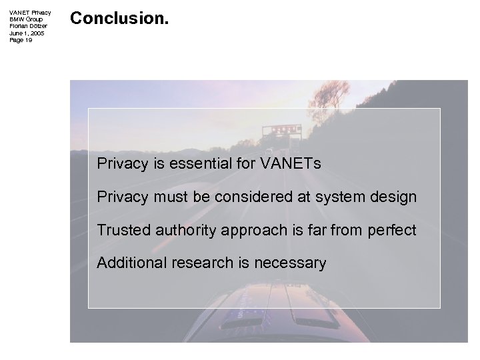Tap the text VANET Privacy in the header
pyautogui.click(x=30, y=13)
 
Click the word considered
pyautogui.click(x=255, y=197)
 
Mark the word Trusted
pyautogui.click(x=122, y=230)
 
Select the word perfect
pyautogui.click(x=391, y=230)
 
